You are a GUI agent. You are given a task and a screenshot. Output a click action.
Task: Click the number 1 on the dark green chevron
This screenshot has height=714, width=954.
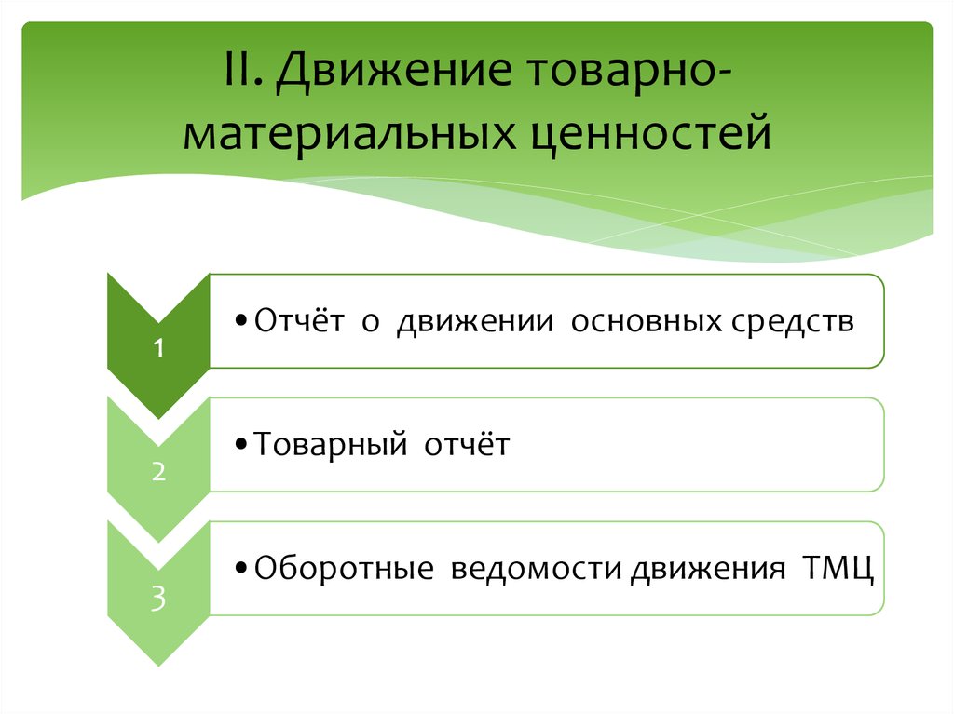[159, 349]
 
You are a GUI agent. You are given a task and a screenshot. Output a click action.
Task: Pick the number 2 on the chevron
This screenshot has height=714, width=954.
[159, 472]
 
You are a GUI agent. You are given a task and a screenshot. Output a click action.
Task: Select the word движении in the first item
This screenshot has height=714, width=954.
[470, 322]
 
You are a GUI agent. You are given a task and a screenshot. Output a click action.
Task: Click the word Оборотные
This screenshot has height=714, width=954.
[344, 568]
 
